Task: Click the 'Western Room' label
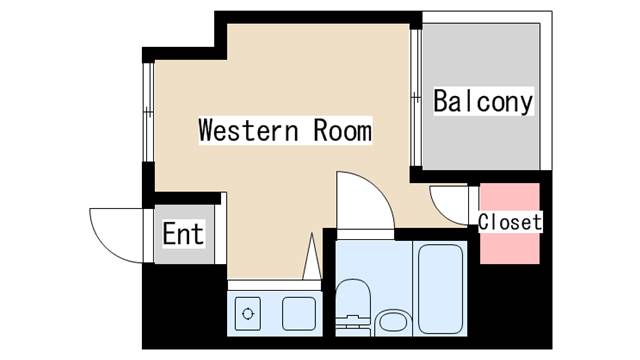285,131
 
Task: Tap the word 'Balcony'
483,101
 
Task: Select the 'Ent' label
183,233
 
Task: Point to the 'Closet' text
510,222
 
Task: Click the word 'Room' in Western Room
343,131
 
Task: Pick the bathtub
440,289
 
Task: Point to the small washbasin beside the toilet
393,322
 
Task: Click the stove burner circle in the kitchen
248,313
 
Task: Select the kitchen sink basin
299,313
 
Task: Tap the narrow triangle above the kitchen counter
312,256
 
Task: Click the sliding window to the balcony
416,97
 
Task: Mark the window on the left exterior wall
148,112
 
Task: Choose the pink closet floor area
510,223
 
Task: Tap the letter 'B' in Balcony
441,101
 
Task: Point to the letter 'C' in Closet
483,222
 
